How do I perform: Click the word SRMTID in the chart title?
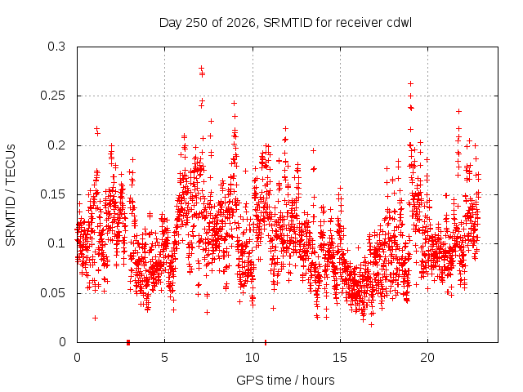point(288,23)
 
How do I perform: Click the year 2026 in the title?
point(241,23)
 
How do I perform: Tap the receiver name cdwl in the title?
point(400,23)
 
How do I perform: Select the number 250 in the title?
point(197,23)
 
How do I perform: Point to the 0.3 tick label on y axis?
point(56,47)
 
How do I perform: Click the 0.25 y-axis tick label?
point(52,96)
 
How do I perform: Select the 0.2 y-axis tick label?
point(56,145)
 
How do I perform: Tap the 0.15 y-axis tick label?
point(52,194)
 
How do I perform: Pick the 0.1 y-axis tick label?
point(56,243)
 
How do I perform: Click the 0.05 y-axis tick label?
point(52,293)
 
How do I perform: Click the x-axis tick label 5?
point(164,358)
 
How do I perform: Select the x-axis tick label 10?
point(253,358)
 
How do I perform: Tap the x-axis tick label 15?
point(340,358)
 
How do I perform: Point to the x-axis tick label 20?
point(427,358)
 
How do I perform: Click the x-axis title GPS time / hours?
point(285,380)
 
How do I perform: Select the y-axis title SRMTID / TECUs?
point(11,195)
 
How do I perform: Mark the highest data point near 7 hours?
point(202,68)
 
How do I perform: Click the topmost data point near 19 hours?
point(411,83)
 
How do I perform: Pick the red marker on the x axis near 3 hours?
point(128,342)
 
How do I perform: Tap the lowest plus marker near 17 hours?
point(371,324)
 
